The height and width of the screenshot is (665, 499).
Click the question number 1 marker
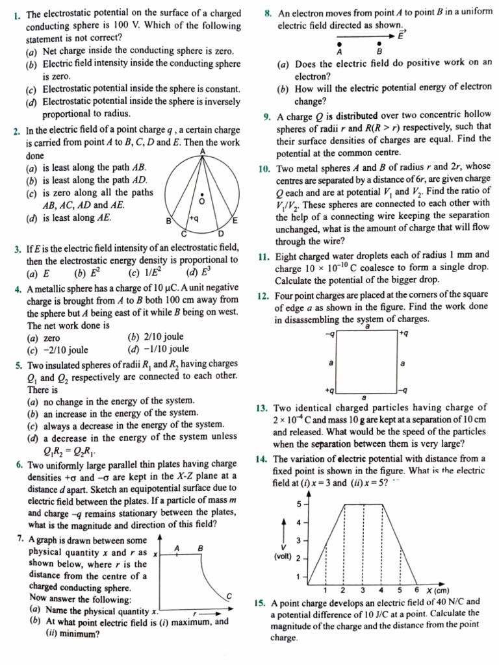(x=16, y=14)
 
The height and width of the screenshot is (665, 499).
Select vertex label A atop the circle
(x=203, y=151)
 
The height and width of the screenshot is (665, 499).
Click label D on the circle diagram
(x=220, y=233)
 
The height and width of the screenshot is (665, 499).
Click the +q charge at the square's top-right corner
(x=403, y=334)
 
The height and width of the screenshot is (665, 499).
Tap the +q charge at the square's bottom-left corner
(x=329, y=390)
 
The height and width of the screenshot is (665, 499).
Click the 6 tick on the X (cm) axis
(x=416, y=590)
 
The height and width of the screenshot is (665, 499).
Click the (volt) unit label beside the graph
(x=282, y=557)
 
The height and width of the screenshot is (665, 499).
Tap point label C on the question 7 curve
(x=229, y=596)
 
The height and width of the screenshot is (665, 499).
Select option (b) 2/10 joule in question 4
(x=156, y=336)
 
